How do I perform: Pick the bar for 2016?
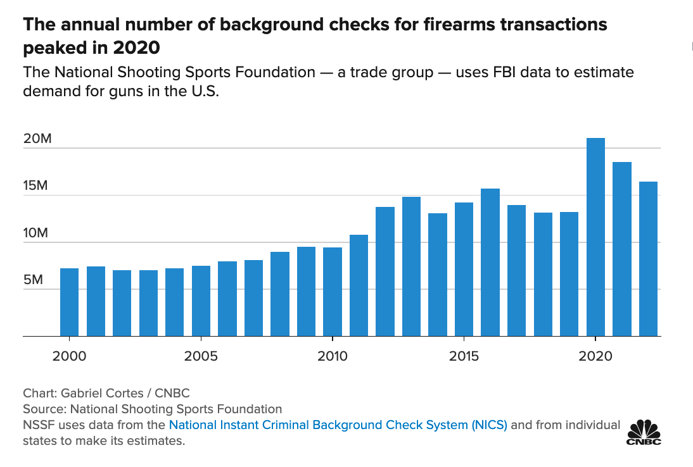pos(490,262)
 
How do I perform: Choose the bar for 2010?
pos(333,291)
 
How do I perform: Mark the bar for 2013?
pos(411,266)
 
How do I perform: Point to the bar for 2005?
pos(201,301)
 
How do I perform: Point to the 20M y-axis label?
pos(37,139)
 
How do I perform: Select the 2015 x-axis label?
pos(464,356)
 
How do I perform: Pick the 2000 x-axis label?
pos(69,356)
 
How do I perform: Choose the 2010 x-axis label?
pos(333,356)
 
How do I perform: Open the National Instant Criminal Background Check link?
pos(338,425)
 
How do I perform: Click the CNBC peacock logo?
pos(643,432)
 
